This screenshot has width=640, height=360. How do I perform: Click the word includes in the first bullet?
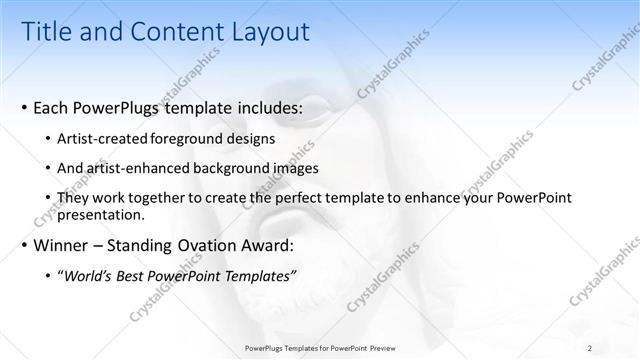pyautogui.click(x=268, y=106)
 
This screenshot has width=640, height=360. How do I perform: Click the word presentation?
pyautogui.click(x=104, y=214)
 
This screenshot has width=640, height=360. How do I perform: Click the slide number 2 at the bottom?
pyautogui.click(x=590, y=348)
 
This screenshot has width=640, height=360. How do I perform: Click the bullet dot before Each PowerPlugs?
pyautogui.click(x=23, y=107)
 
